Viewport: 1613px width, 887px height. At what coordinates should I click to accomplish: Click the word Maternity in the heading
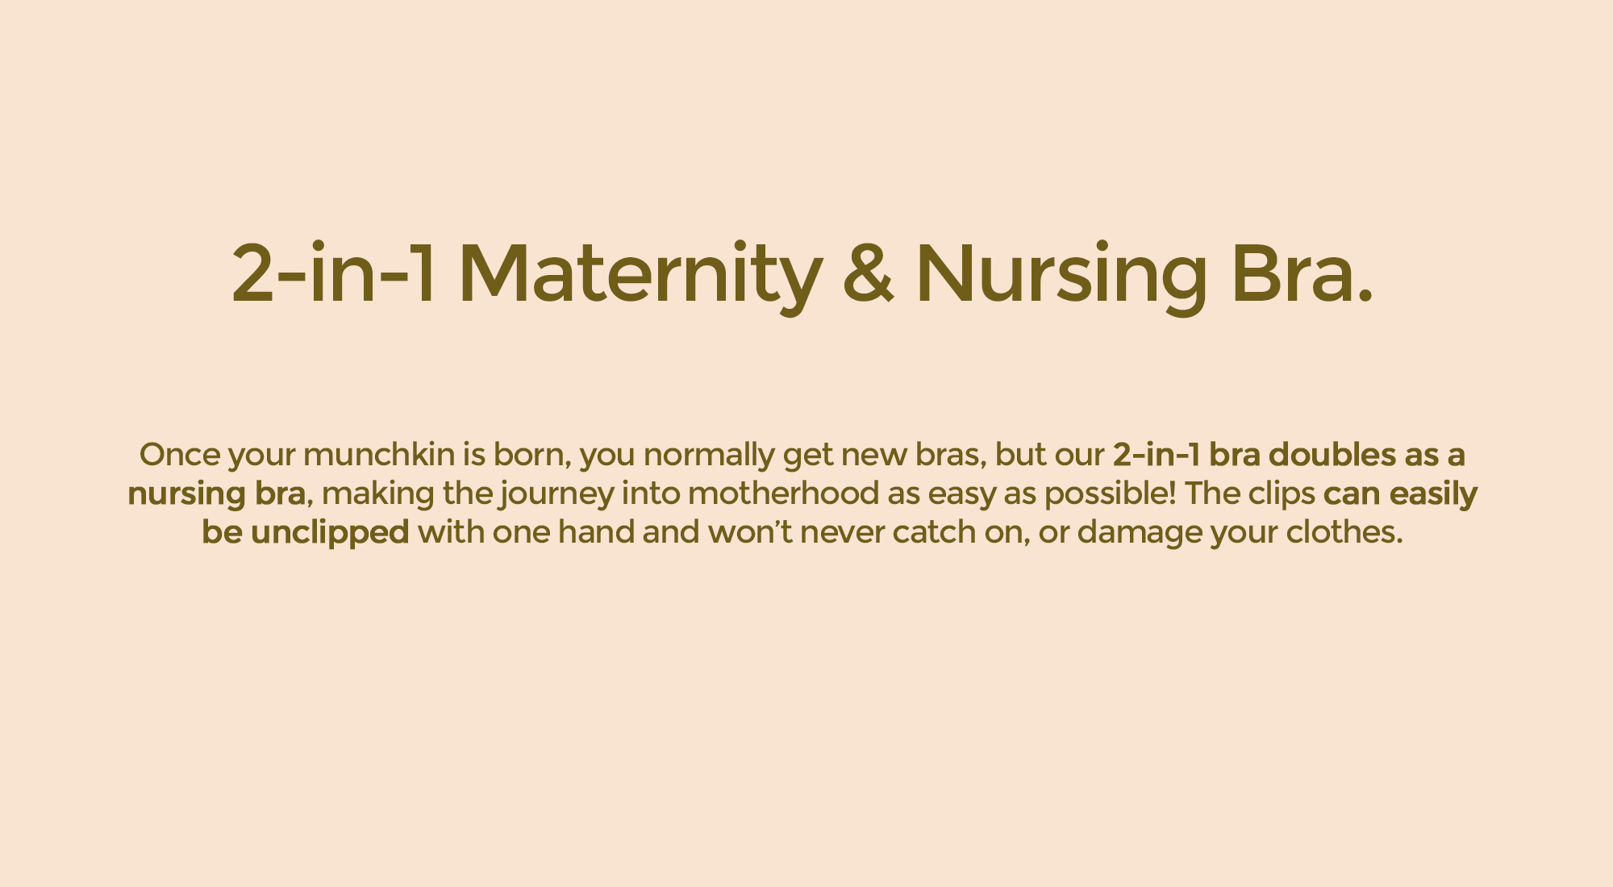tap(640, 274)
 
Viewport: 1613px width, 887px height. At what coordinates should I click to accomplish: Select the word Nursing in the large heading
tap(1061, 274)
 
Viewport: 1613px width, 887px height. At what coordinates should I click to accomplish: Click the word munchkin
tap(379, 455)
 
